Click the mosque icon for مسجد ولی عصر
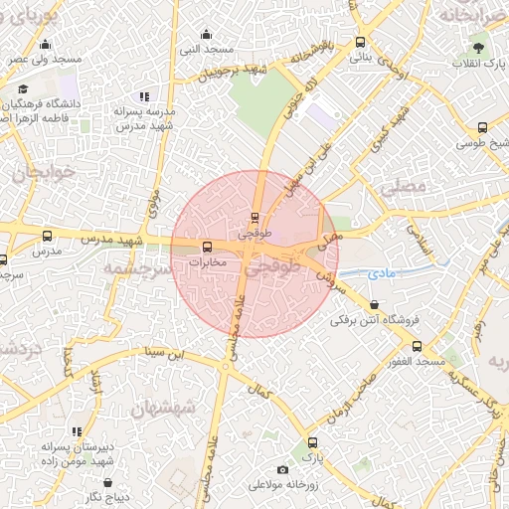click(x=46, y=44)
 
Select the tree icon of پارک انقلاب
click(x=479, y=47)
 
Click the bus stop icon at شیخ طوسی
click(x=482, y=127)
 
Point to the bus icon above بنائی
click(x=360, y=43)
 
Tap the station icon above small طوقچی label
click(x=255, y=216)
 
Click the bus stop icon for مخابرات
click(x=207, y=247)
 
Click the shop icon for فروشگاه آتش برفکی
click(x=374, y=304)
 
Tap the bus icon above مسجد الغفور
click(x=417, y=346)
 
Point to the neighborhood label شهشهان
click(x=164, y=410)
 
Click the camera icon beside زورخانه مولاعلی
click(x=282, y=469)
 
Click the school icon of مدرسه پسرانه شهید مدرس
click(x=143, y=96)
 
